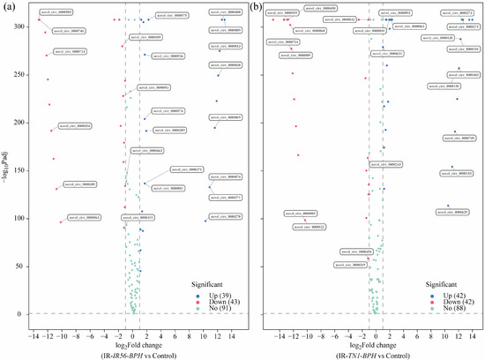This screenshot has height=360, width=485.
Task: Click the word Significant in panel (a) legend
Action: point(211,284)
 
